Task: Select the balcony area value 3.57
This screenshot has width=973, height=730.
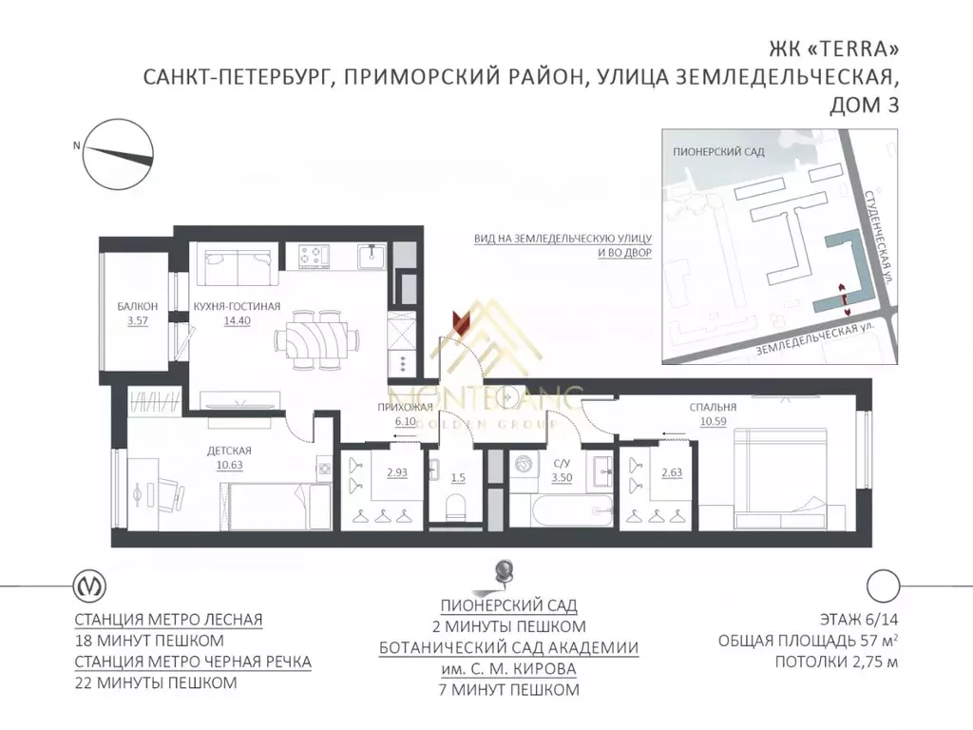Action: click(132, 320)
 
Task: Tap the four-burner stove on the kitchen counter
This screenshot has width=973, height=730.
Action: click(314, 255)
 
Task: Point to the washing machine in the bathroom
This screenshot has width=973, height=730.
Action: click(525, 467)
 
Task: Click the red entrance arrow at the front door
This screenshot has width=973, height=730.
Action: click(460, 320)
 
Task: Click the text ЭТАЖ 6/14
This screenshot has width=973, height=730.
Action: click(853, 617)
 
